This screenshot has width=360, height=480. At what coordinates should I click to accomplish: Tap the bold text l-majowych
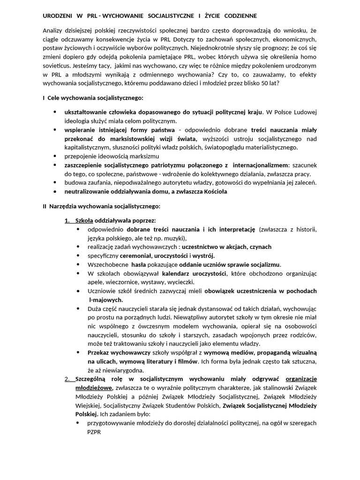click(105, 299)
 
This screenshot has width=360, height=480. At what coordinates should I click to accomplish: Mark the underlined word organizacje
click(301, 379)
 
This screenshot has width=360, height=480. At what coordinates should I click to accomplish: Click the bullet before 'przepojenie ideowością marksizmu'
click(55, 156)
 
